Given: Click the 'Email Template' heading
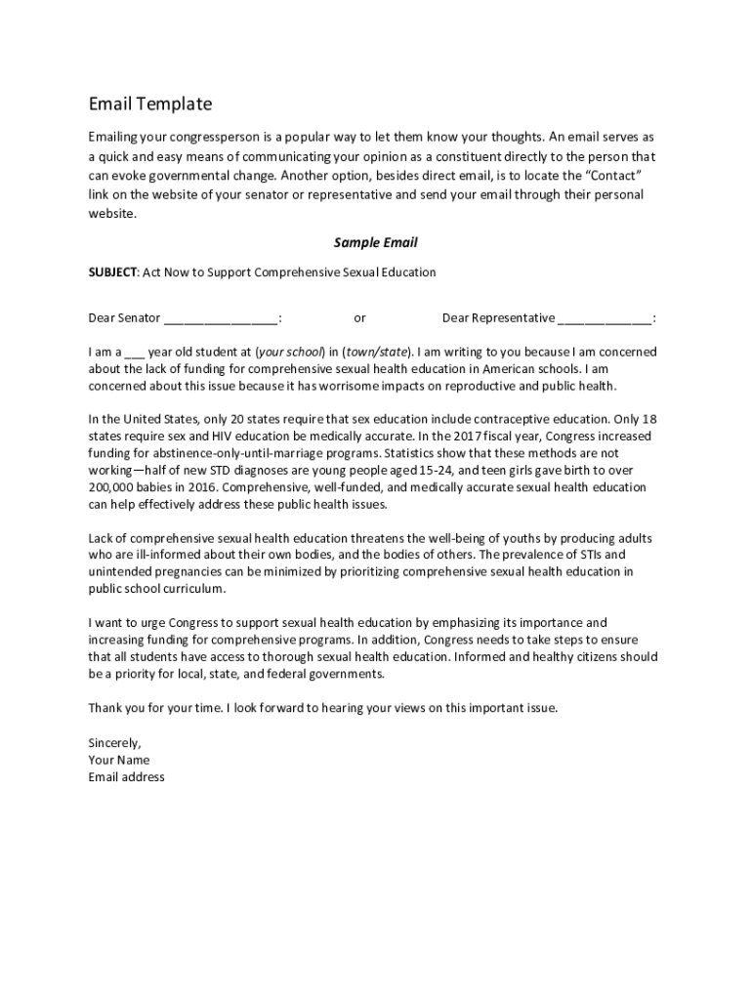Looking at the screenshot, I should (149, 104).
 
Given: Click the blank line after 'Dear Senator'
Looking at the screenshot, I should (221, 318).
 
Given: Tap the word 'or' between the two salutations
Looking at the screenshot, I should (359, 318).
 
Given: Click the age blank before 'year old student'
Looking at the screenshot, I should (135, 353).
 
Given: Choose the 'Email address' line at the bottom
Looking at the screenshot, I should (126, 777).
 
